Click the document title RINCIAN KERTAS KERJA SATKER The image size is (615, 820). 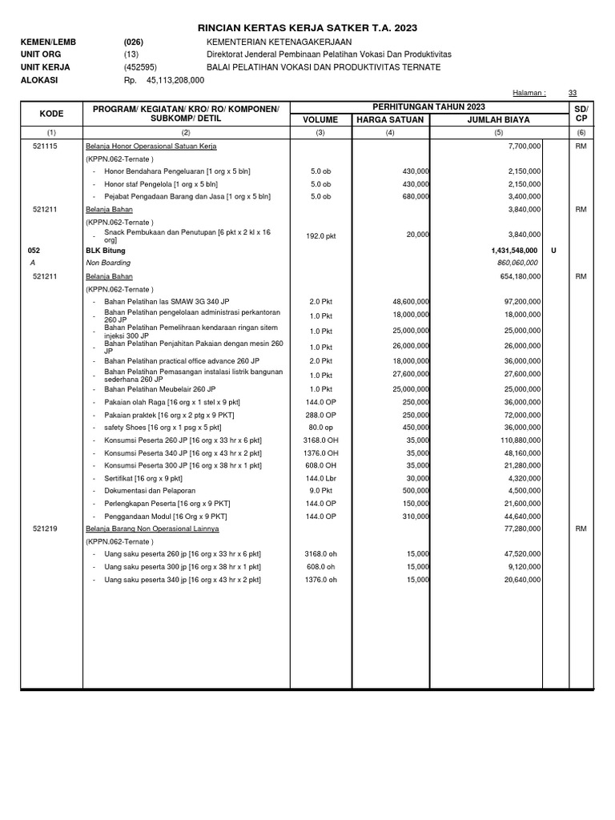307,28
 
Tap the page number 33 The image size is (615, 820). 572,93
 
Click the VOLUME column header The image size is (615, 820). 320,119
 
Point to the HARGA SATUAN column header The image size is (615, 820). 390,119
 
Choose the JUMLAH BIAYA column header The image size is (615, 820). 498,119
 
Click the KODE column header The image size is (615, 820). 51,113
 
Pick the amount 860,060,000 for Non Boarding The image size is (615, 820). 519,263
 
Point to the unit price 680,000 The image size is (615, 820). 415,195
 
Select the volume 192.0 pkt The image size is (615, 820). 320,235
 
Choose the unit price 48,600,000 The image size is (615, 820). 408,302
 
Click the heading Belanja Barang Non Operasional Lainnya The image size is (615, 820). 152,529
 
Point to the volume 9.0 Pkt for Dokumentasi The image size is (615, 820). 320,490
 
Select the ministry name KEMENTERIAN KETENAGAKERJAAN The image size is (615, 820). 279,42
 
